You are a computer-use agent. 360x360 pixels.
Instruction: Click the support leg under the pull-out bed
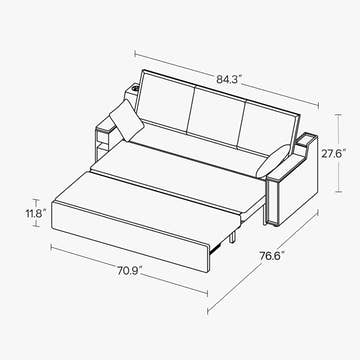click(x=233, y=237)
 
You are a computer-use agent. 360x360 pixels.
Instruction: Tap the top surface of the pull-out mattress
click(x=150, y=195)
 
